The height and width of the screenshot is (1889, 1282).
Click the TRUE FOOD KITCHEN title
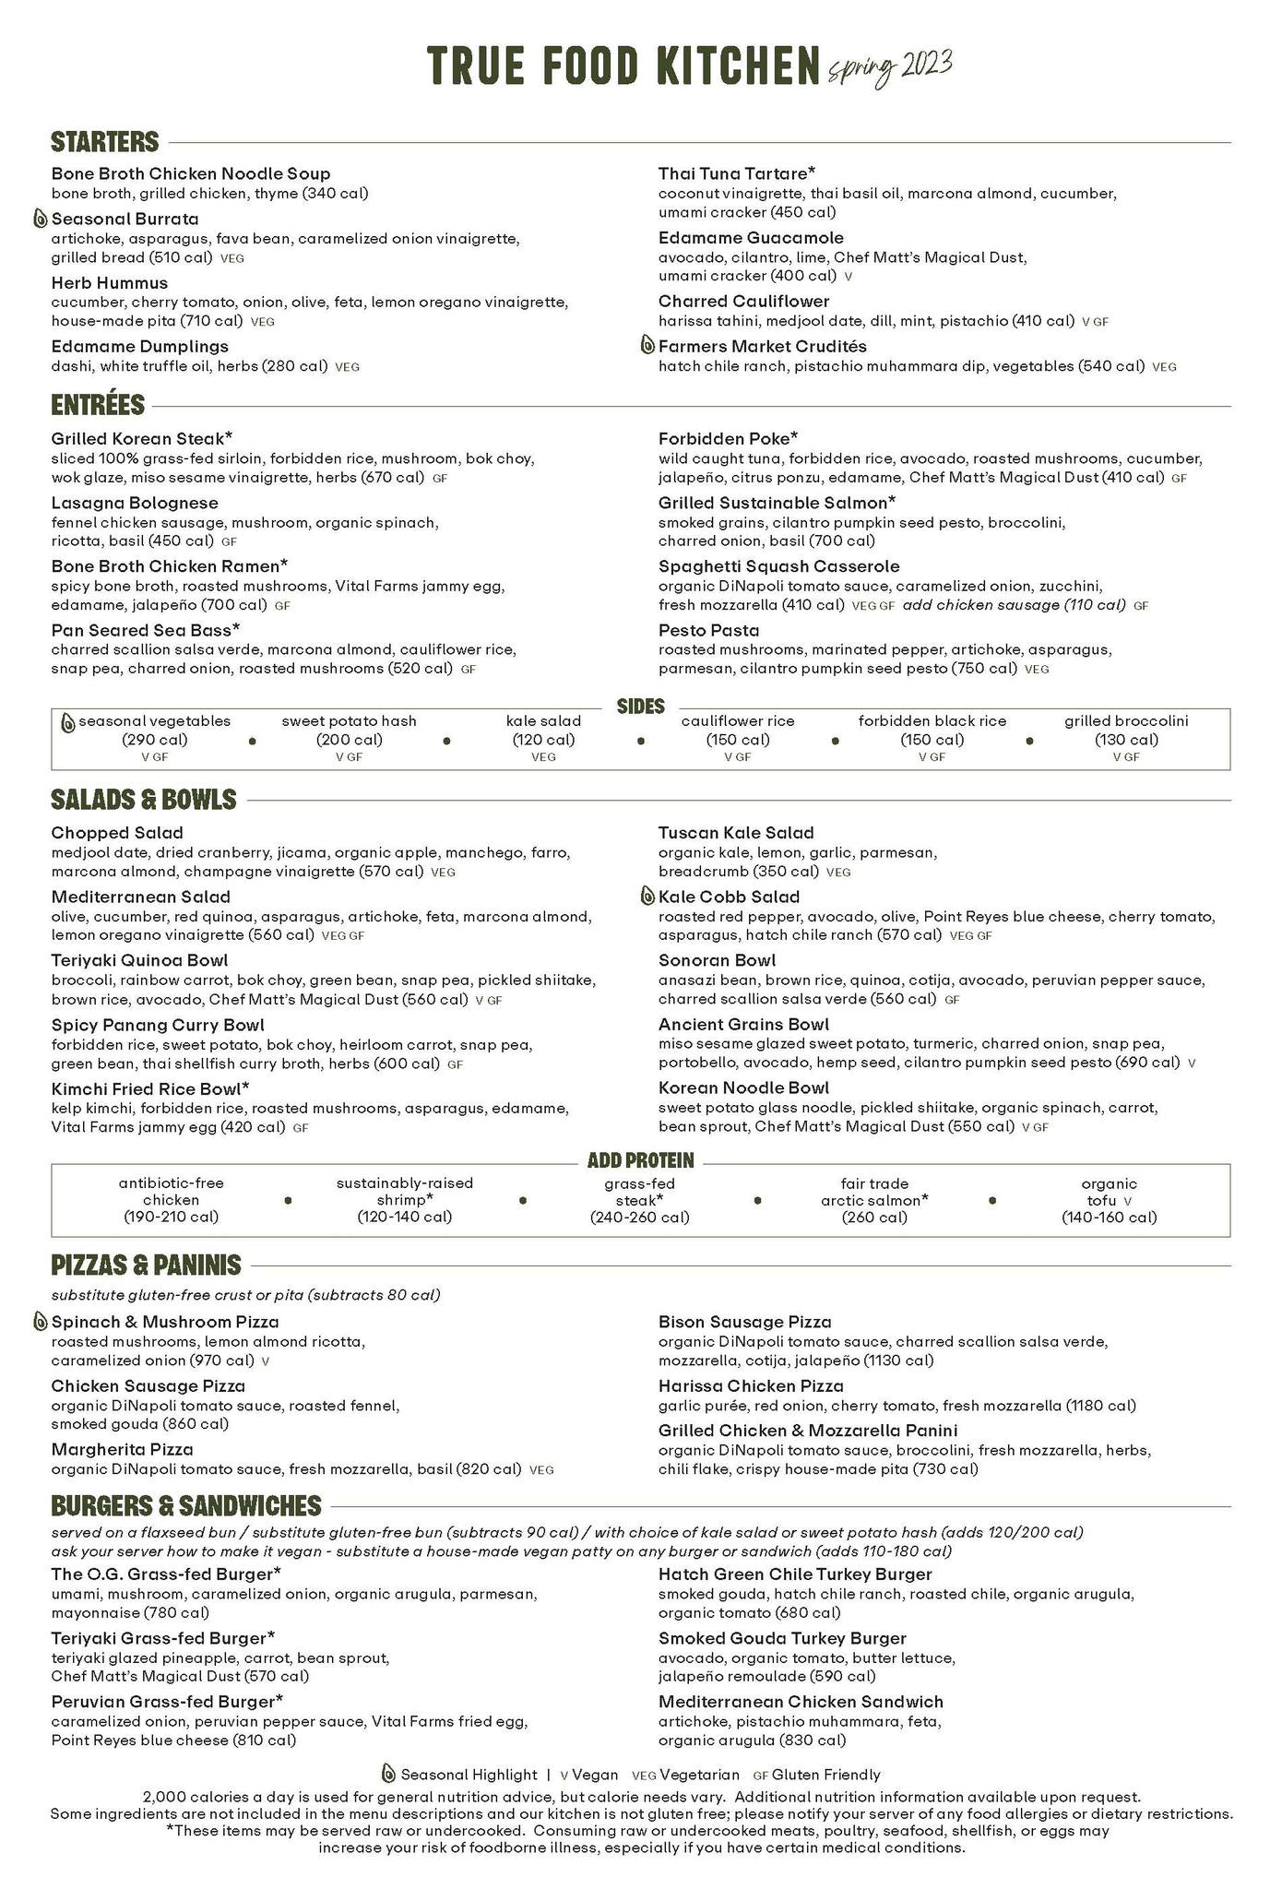(x=623, y=65)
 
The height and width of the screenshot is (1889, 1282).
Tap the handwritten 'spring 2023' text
(x=889, y=66)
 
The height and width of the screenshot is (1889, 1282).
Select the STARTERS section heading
(x=105, y=142)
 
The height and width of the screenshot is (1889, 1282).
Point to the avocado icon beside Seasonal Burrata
(x=41, y=220)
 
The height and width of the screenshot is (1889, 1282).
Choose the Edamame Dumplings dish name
(x=139, y=347)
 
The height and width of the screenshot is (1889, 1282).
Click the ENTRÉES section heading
(x=98, y=405)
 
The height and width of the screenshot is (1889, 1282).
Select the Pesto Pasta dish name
(x=708, y=630)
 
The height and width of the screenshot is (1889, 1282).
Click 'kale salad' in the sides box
(x=543, y=721)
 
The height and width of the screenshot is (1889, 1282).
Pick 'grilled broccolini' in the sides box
(x=1126, y=721)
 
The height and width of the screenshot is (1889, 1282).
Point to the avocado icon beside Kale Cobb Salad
(x=647, y=897)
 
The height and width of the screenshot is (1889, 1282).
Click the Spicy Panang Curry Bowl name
(x=158, y=1025)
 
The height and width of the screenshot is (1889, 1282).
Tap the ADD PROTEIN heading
(x=640, y=1160)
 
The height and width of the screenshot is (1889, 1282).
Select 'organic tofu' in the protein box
(x=1109, y=1192)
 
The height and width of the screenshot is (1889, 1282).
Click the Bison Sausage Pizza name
(x=744, y=1322)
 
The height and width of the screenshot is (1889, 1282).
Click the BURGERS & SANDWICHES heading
(x=185, y=1506)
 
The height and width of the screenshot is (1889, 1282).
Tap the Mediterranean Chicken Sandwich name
(x=801, y=1702)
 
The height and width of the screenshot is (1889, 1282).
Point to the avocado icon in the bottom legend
(x=388, y=1774)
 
